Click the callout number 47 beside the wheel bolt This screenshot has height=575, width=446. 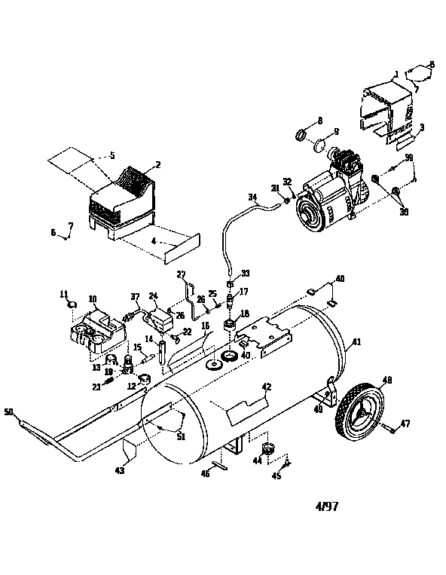click(x=405, y=425)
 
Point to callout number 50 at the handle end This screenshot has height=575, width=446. click(x=9, y=411)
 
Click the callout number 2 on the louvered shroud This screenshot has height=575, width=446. click(x=157, y=164)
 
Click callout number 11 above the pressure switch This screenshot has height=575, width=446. click(x=63, y=293)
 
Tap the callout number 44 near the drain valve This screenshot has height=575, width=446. click(x=258, y=459)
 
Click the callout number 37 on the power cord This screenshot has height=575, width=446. click(x=135, y=295)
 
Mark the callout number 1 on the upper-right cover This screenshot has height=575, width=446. click(x=396, y=74)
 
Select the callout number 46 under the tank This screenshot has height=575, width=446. click(x=206, y=473)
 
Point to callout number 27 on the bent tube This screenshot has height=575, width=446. click(x=181, y=274)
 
